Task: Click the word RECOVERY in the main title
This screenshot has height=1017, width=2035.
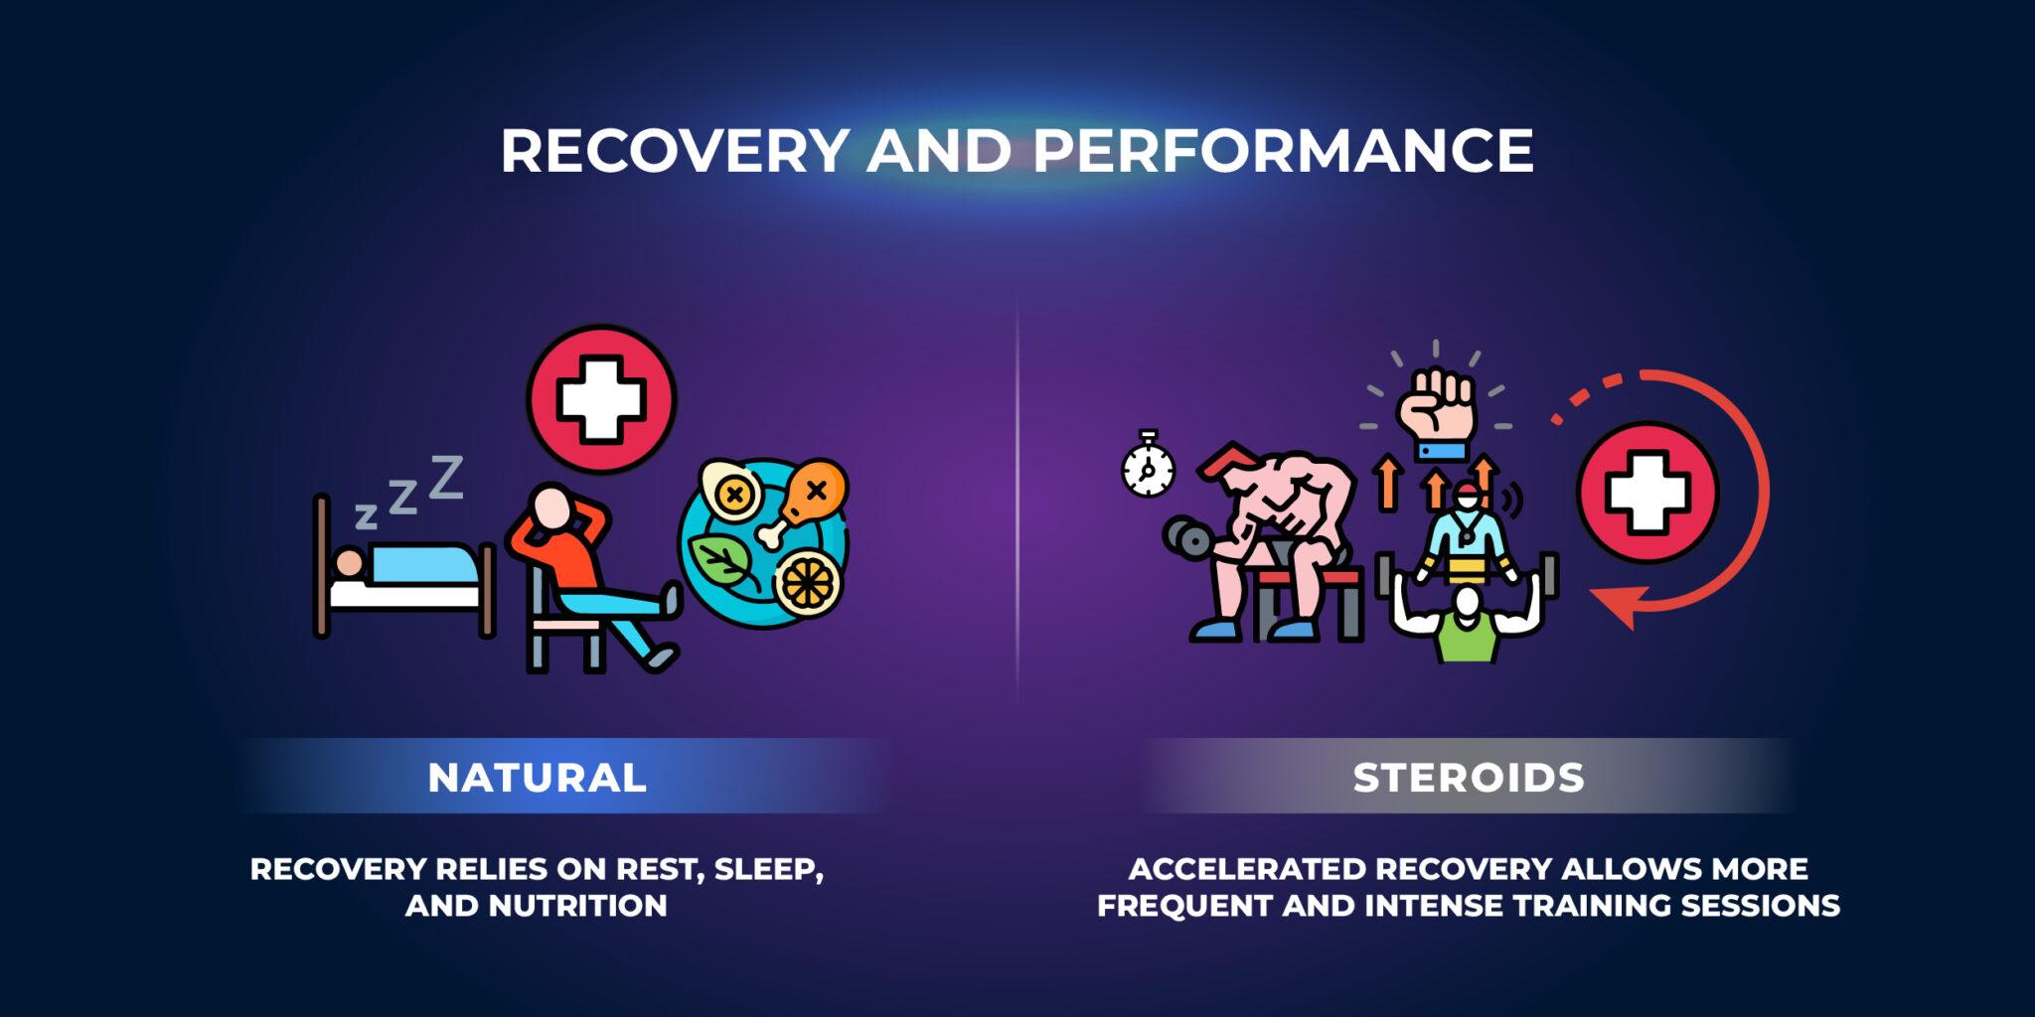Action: point(673,151)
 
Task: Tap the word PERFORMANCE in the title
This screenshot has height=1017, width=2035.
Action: point(1283,151)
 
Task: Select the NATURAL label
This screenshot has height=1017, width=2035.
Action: point(537,778)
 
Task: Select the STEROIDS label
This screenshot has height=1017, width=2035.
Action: point(1469,778)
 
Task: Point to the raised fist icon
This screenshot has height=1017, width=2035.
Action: point(1437,407)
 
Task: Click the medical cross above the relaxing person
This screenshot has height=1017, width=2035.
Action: point(600,398)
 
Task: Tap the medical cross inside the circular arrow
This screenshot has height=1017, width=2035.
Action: point(1646,492)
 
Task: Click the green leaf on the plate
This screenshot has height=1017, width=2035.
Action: point(724,562)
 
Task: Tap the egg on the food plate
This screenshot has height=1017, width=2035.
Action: point(732,491)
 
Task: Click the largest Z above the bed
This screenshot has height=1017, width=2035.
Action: point(445,477)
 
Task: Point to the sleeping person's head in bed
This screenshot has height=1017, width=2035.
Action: point(349,563)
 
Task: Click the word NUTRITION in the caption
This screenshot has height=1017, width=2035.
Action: point(577,906)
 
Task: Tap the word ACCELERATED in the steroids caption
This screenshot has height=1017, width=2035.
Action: point(1246,870)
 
